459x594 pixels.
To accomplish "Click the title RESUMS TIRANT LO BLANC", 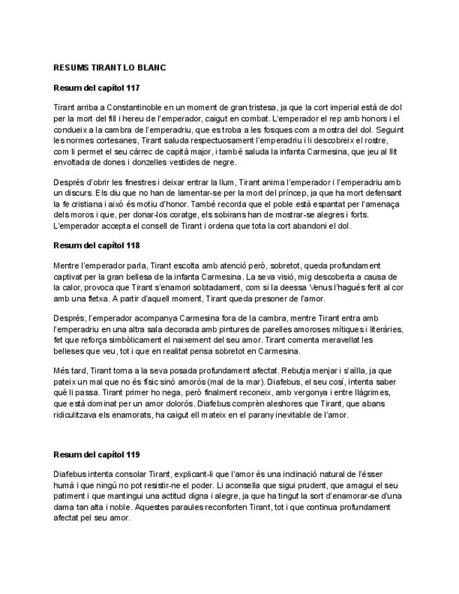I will tap(109, 67).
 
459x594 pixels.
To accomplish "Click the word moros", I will tap(80, 214).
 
